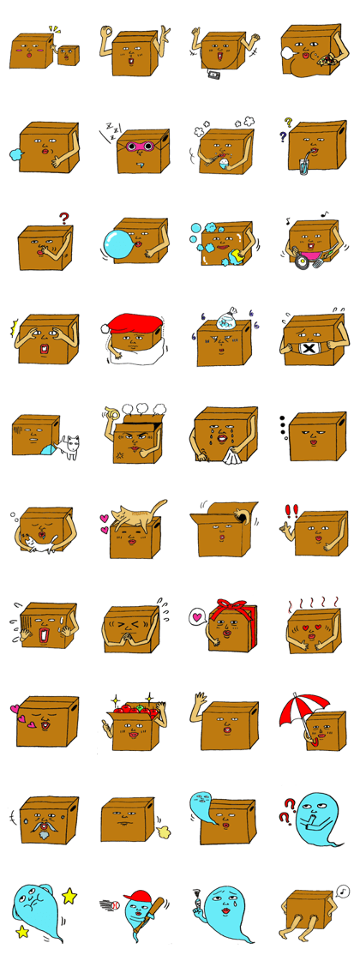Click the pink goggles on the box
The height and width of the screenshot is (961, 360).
tap(140, 147)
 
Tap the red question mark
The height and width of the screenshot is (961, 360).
tap(63, 219)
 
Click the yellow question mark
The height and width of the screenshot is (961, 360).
tap(289, 123)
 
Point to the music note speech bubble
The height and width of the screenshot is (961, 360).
tap(343, 892)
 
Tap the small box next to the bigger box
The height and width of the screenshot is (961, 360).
tap(67, 56)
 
